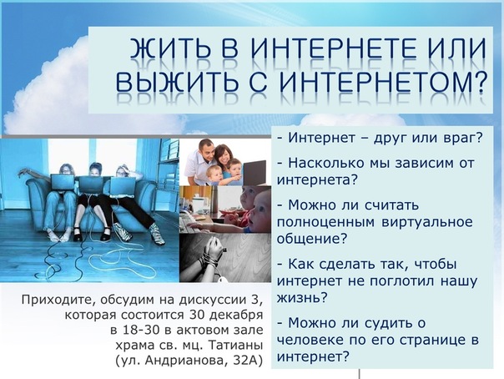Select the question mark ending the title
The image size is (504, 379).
(x=479, y=80)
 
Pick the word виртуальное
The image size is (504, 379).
(x=427, y=223)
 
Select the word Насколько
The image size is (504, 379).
(x=326, y=164)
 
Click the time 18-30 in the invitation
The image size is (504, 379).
(x=141, y=330)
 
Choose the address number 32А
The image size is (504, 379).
(x=245, y=361)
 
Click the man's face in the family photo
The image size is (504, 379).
(x=206, y=152)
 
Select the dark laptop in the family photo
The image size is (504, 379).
(x=255, y=173)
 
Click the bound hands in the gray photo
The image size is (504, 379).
(x=213, y=250)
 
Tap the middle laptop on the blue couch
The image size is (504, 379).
(x=91, y=184)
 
